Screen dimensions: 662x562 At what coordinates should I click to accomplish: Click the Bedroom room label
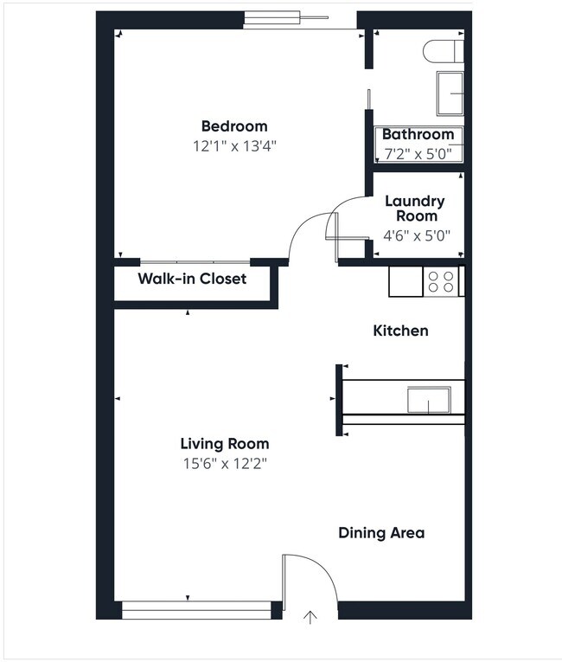(x=234, y=126)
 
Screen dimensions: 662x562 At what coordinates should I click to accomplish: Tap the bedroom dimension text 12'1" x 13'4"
(x=234, y=146)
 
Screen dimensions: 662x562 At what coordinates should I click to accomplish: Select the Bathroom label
(x=418, y=135)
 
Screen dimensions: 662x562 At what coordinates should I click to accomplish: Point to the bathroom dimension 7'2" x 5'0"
(x=418, y=154)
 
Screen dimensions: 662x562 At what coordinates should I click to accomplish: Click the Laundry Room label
(x=414, y=209)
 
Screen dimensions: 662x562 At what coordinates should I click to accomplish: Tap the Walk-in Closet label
(x=192, y=279)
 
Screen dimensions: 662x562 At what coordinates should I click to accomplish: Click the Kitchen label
(x=400, y=331)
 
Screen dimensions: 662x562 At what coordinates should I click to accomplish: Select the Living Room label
(x=225, y=444)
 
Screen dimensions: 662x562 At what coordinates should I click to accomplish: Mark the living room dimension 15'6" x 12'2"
(x=225, y=464)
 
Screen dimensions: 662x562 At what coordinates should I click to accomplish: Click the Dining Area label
(x=381, y=533)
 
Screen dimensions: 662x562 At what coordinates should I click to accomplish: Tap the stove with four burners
(x=441, y=281)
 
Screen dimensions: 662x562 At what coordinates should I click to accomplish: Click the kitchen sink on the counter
(x=429, y=401)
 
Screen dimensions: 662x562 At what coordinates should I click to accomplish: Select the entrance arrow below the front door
(x=310, y=617)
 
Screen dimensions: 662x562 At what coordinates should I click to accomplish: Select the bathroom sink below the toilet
(x=450, y=93)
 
